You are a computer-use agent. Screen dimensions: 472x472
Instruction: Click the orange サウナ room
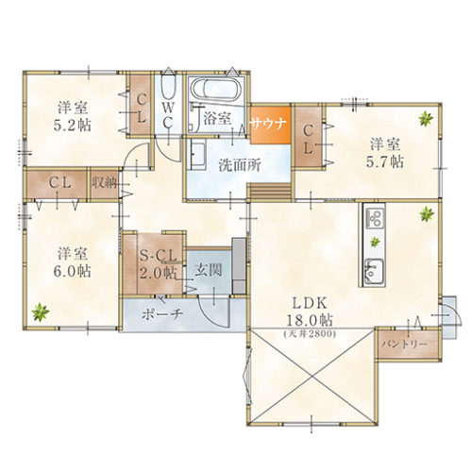click(x=270, y=126)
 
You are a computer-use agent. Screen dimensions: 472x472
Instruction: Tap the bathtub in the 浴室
click(x=217, y=90)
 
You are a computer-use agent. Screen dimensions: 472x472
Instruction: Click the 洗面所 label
click(x=240, y=164)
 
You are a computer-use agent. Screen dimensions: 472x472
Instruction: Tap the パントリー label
click(x=404, y=344)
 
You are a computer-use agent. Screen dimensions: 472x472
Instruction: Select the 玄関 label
click(x=208, y=270)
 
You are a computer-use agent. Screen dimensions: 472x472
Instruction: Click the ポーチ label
click(x=162, y=313)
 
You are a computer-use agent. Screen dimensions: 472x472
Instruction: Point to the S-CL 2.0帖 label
click(x=158, y=265)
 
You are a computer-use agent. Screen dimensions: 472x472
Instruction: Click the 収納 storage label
click(x=105, y=183)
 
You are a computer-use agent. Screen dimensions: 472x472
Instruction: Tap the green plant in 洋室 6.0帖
click(x=41, y=312)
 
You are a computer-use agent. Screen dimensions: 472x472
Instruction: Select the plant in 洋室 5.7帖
click(x=426, y=119)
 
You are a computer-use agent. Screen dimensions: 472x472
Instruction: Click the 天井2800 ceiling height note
click(x=310, y=333)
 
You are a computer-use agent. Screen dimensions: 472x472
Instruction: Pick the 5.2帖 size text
click(x=73, y=126)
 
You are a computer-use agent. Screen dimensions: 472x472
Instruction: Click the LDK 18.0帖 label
click(x=310, y=312)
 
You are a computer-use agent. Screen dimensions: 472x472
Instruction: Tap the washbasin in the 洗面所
click(x=198, y=154)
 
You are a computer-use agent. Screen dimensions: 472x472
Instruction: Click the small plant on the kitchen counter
click(x=375, y=242)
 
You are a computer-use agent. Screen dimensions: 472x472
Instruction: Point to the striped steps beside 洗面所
click(x=270, y=192)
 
